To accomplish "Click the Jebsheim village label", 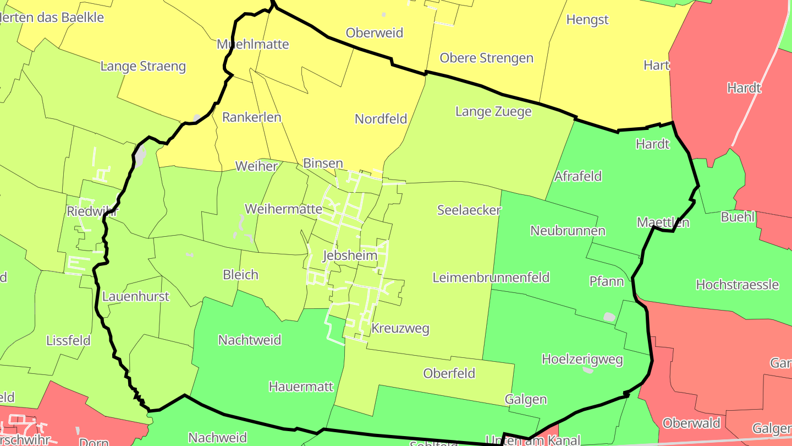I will tap(350, 255).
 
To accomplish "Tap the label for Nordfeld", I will tap(381, 118).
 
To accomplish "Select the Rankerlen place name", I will tap(251, 117).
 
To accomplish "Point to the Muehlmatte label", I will tap(253, 44).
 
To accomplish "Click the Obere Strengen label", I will tap(487, 58).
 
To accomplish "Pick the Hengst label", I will tap(587, 20).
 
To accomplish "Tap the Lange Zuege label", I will tap(493, 112).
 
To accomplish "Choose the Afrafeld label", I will tap(578, 176).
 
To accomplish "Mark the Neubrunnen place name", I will tap(568, 231).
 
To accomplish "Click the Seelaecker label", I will tap(469, 210).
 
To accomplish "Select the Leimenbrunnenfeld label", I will tap(491, 278).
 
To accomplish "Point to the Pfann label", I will tap(607, 281).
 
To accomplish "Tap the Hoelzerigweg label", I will tap(582, 360).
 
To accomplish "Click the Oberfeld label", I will tap(449, 373).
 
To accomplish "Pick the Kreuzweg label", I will tap(400, 329).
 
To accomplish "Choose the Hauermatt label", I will tap(301, 387).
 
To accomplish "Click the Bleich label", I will tap(240, 274).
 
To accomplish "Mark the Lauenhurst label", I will tap(136, 297).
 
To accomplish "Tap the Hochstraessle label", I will tap(737, 285).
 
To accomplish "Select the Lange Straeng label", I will tap(143, 67).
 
